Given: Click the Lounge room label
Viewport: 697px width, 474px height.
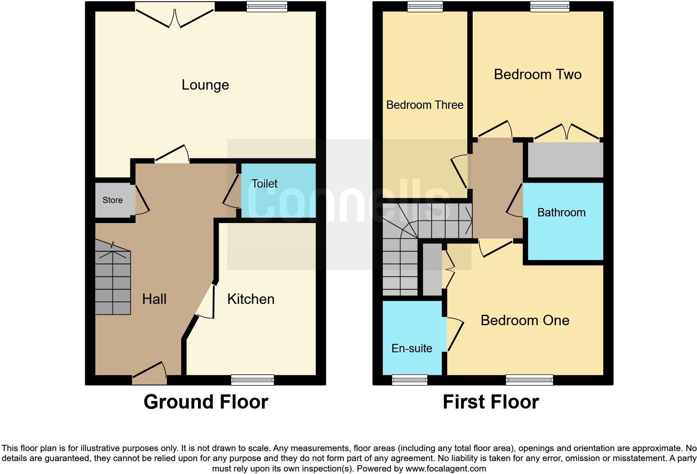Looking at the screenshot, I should point(205,85).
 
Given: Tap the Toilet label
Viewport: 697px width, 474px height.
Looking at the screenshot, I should point(264,184).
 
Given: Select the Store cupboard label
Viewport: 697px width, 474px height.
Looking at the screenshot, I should point(113,200).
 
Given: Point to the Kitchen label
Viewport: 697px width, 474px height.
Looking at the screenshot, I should point(251,299).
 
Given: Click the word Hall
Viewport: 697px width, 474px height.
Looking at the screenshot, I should point(154,299).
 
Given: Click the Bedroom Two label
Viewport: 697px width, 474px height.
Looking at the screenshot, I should point(537,75).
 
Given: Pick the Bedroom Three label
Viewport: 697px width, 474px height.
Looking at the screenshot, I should point(424,105).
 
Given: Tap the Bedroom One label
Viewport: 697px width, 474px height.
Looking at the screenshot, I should point(524,321).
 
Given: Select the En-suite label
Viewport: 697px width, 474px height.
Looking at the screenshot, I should point(411,349).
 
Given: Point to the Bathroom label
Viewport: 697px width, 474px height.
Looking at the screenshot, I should point(561,213).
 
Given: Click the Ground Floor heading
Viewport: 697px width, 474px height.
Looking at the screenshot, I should point(206,402).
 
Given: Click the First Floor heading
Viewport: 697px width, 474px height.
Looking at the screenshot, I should point(491,402).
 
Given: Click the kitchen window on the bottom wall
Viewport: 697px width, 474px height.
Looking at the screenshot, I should point(252,380).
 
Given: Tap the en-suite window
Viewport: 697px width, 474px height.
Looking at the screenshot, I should point(409,380).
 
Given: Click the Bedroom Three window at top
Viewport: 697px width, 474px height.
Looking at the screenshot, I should point(425,6).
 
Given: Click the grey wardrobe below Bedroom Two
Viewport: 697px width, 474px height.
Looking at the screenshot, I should point(565,161).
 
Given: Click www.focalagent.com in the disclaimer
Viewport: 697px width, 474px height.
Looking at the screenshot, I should point(445,469).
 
